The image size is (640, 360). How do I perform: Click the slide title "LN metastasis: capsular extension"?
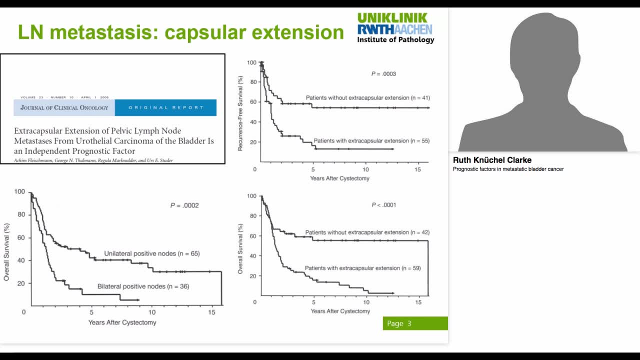coord(180,32)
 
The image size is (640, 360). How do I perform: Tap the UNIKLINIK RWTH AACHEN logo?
coord(395,23)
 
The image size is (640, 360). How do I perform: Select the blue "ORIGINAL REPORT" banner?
coord(165,107)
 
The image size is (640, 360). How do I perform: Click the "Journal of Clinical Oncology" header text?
coord(64,107)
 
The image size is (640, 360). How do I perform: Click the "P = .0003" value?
coord(383,74)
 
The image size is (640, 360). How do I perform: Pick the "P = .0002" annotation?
coord(184,205)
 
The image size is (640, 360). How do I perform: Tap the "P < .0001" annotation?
coord(383,205)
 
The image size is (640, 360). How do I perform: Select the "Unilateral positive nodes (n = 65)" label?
coord(151,253)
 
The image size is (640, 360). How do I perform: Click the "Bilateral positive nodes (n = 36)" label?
coord(143,286)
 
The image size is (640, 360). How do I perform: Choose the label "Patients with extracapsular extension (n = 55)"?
coord(371,141)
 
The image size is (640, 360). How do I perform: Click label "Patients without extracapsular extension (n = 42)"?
coord(367,232)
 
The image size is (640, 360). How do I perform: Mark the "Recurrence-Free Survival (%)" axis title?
coord(240,113)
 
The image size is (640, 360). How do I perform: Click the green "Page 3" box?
coord(415,323)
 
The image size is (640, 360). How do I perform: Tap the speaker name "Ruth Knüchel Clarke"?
coord(492,160)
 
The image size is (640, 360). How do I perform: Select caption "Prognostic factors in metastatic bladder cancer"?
coord(508,169)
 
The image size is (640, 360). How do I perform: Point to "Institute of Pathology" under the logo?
coord(395,40)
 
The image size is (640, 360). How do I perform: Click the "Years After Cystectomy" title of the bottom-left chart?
coord(122,322)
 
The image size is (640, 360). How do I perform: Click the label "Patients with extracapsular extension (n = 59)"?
coord(362,268)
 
